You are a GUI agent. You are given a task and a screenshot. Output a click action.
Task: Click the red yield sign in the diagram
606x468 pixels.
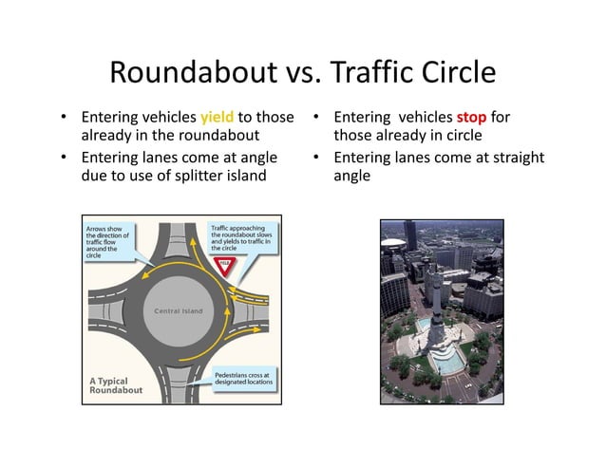pos(225,267)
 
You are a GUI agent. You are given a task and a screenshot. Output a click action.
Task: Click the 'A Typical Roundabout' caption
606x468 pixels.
pos(115,385)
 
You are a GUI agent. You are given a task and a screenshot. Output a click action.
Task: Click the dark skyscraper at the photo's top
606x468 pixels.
pos(410,237)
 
